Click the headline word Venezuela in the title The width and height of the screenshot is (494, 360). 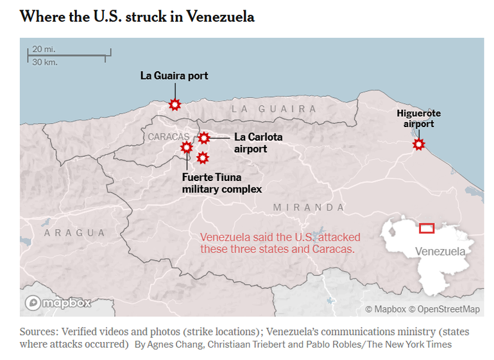(x=220, y=17)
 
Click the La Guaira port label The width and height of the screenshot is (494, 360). (x=174, y=76)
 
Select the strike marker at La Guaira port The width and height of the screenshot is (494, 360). (x=174, y=105)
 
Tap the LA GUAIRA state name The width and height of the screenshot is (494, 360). (x=274, y=109)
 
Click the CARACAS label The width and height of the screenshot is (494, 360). (x=168, y=137)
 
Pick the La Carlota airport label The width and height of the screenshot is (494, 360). (x=258, y=142)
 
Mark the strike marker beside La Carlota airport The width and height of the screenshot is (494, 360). (x=203, y=137)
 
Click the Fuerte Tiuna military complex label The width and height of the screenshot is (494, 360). (x=221, y=183)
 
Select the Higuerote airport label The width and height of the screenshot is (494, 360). (x=418, y=119)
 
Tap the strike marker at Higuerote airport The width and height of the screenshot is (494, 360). (x=418, y=144)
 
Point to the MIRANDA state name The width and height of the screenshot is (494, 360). (x=309, y=207)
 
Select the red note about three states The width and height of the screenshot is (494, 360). (x=280, y=243)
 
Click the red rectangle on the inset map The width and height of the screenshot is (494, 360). (x=427, y=228)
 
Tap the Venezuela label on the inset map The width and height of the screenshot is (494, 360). (x=440, y=251)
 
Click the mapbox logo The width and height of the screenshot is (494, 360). (x=58, y=302)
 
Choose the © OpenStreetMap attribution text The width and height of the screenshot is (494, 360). (x=444, y=309)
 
